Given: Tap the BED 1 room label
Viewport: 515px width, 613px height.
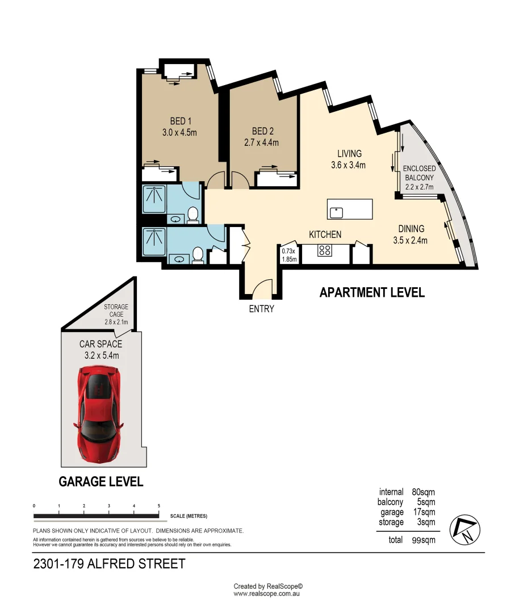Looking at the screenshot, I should (x=181, y=121).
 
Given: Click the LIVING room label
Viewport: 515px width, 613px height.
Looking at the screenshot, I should (x=349, y=154).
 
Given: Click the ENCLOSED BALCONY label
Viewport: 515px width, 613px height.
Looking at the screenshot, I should (x=419, y=169).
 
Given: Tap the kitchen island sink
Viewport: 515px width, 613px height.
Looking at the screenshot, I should (x=337, y=212).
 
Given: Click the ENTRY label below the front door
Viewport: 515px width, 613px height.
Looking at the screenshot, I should (x=261, y=309).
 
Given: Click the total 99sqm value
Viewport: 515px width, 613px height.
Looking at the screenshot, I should (x=423, y=540).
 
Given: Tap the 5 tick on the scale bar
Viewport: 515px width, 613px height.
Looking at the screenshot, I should (x=159, y=505).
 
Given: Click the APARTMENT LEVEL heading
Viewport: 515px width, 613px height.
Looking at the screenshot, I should (x=372, y=293).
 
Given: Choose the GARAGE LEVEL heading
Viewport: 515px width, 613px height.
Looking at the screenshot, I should (x=101, y=482).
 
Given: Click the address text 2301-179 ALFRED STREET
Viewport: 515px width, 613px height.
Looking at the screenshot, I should (x=109, y=564).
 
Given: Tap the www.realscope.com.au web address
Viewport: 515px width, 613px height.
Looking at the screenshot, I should (x=266, y=594).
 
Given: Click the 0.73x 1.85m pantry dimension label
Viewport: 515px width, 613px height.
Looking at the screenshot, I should (x=290, y=255).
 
